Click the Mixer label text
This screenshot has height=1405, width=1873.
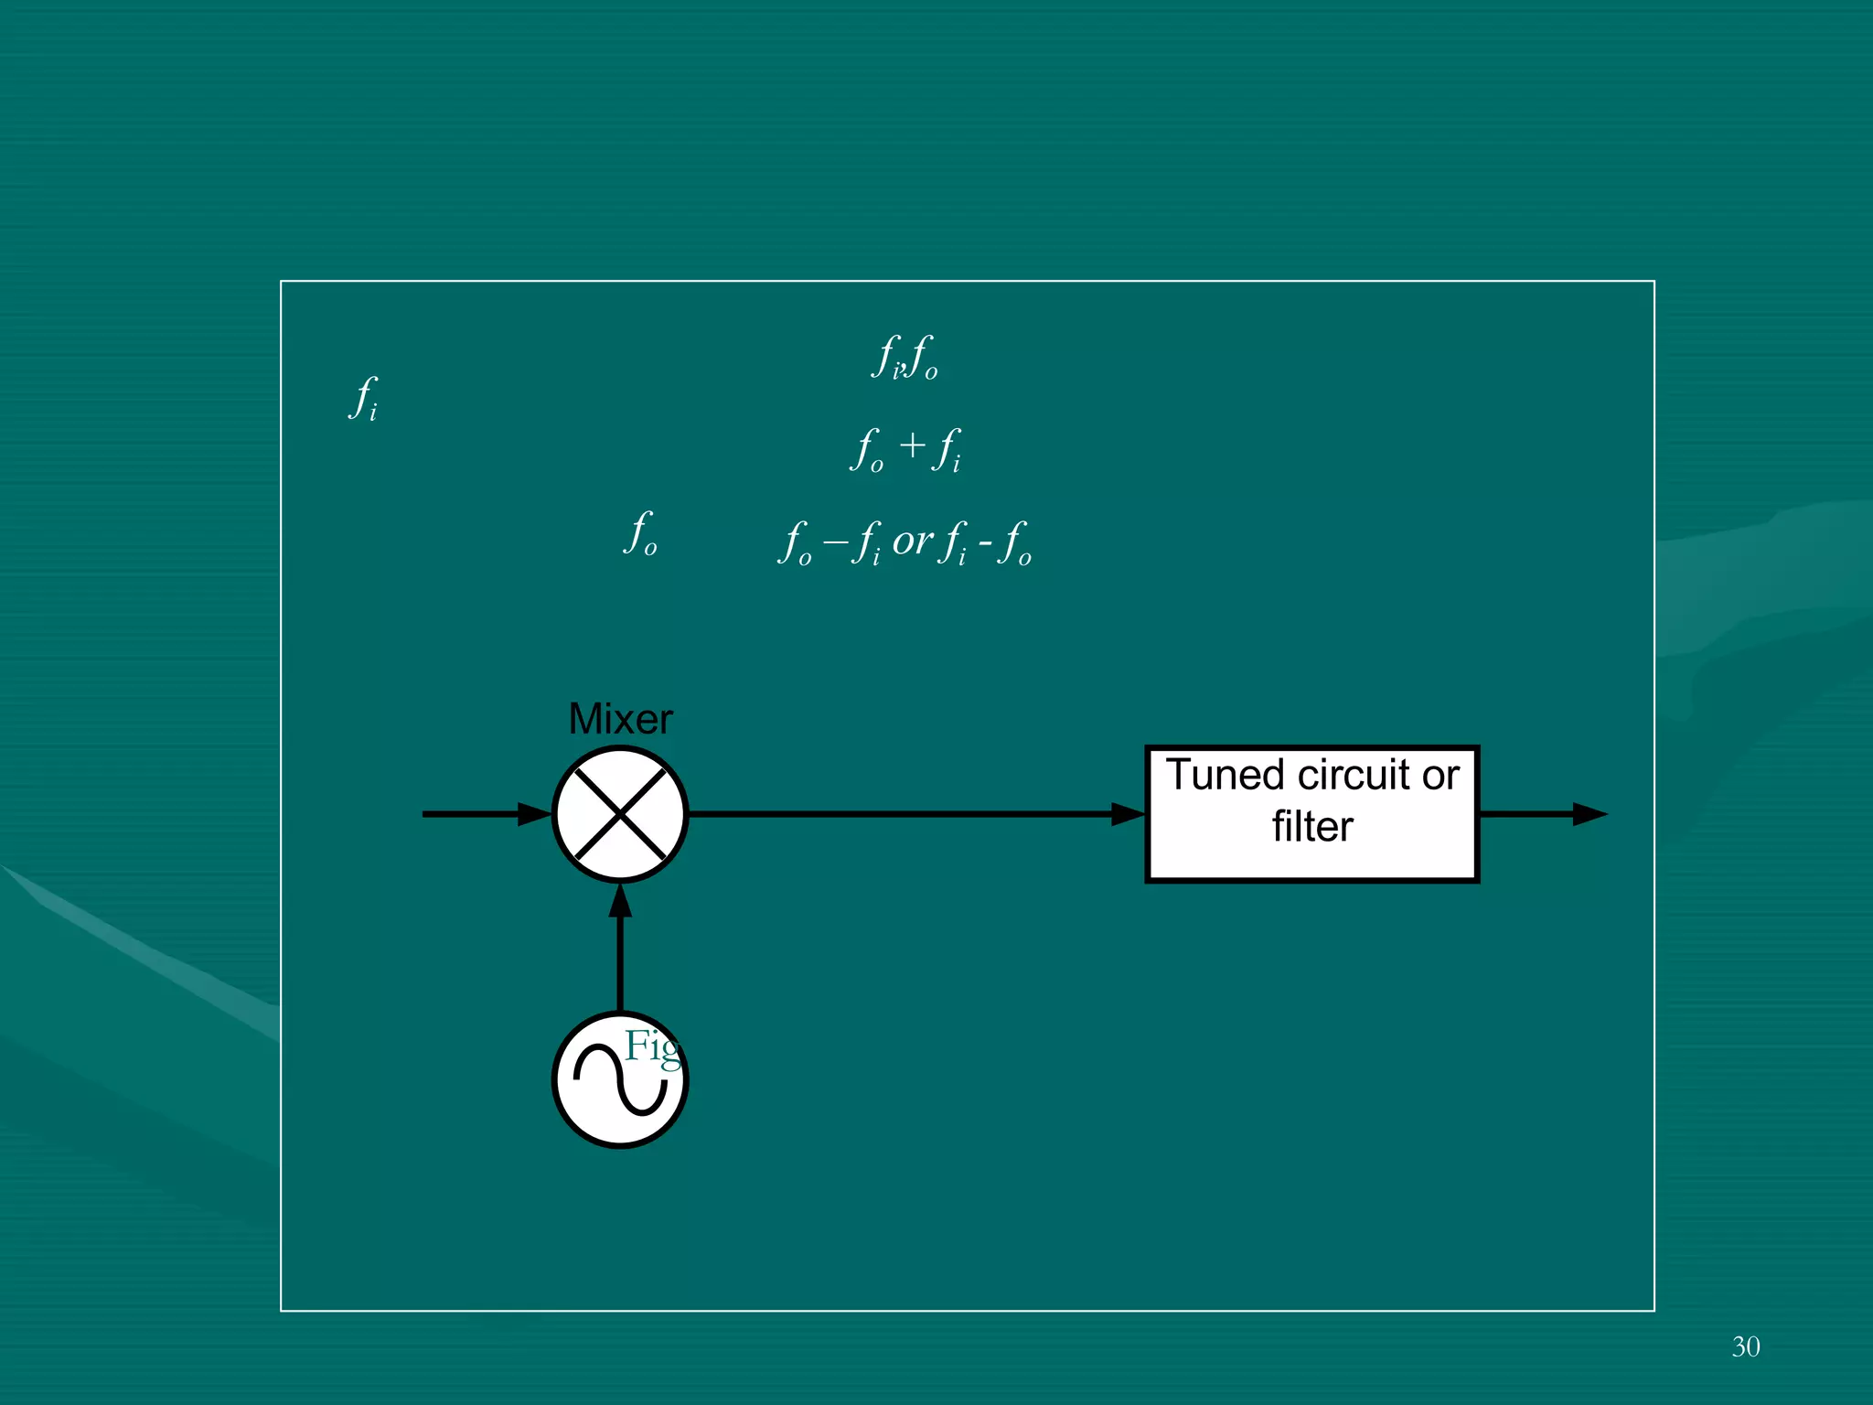click(x=620, y=719)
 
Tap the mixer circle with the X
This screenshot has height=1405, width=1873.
click(x=620, y=814)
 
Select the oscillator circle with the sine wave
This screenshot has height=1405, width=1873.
click(x=620, y=1080)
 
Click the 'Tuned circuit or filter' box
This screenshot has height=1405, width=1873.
click(x=1312, y=814)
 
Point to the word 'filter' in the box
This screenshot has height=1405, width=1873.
click(x=1312, y=827)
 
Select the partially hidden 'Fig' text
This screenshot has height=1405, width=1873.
click(x=652, y=1046)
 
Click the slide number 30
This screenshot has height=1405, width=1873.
click(x=1745, y=1346)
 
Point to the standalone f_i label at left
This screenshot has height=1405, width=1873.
click(x=364, y=398)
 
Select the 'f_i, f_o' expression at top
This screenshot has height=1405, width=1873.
click(x=904, y=357)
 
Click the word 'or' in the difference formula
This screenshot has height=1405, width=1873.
click(x=912, y=542)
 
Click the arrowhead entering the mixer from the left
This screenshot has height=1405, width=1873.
click(x=536, y=814)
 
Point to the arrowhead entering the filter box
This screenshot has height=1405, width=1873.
click(x=1129, y=814)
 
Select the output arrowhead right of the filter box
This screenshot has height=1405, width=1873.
click(x=1589, y=814)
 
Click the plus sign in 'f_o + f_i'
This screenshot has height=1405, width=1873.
click(x=912, y=446)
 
